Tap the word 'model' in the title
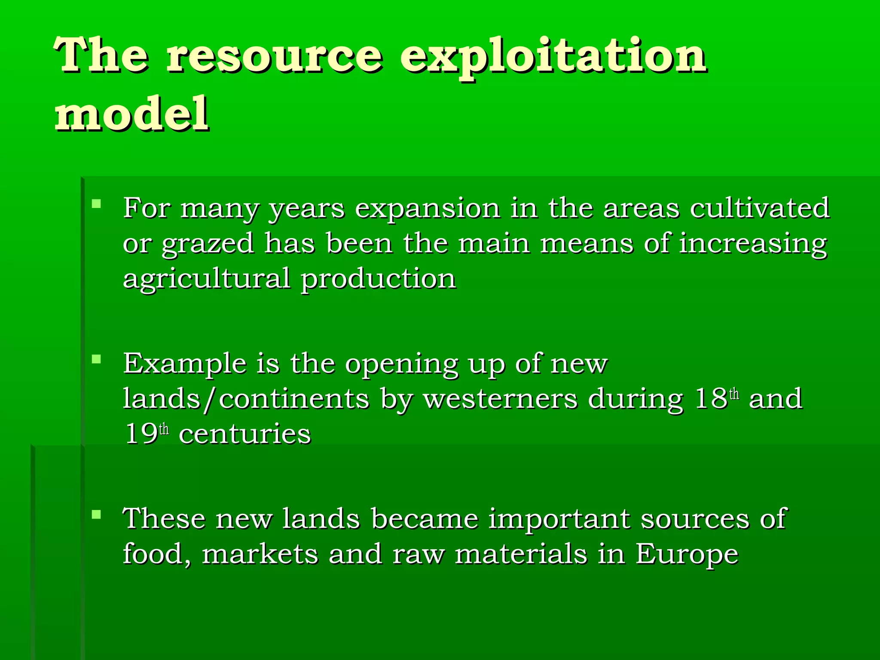pos(131,114)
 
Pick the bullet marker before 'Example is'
pos(96,359)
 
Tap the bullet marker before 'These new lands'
pos(96,514)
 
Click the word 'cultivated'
pos(760,208)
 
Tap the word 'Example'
pos(185,364)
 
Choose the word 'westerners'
pos(500,399)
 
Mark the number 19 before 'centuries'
pos(141,434)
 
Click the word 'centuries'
pos(245,434)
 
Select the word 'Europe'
pos(687,554)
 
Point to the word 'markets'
pos(260,554)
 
